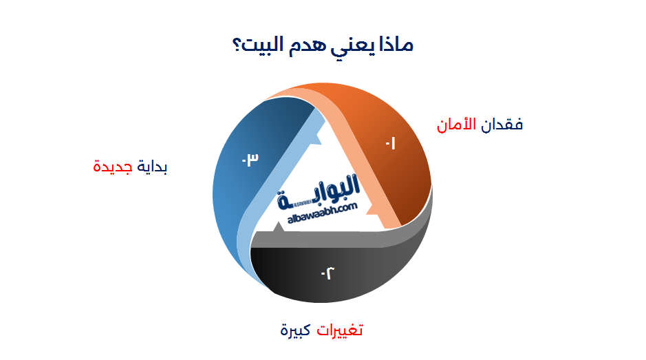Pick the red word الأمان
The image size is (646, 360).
tap(457, 125)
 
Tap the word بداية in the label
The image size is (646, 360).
tap(153, 167)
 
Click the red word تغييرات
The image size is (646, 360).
tap(339, 330)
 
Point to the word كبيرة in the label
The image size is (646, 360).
tap(295, 330)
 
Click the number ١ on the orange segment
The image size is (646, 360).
tap(391, 145)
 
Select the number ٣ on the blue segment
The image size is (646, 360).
tap(249, 160)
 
